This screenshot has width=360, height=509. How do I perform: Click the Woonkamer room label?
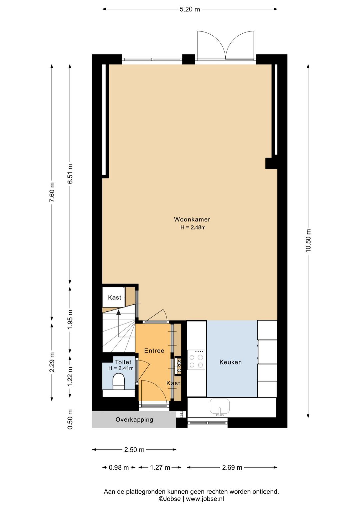[x=192, y=219]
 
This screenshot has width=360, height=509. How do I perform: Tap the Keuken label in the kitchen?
[x=230, y=362]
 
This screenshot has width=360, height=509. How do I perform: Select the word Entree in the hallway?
[x=154, y=351]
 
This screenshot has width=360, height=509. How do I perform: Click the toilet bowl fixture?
[x=119, y=381]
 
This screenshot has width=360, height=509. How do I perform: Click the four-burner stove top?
[x=196, y=360]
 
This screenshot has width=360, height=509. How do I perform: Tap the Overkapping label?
[x=134, y=420]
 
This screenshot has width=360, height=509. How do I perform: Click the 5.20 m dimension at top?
[x=190, y=9]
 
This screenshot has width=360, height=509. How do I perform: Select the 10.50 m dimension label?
[x=308, y=240]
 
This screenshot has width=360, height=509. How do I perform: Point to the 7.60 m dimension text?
[x=52, y=192]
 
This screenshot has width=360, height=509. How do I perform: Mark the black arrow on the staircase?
[x=118, y=313]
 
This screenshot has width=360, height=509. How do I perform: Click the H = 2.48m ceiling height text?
[x=193, y=227]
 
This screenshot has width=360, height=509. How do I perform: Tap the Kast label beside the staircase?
[x=114, y=298]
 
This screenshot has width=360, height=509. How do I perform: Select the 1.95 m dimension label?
[x=70, y=319]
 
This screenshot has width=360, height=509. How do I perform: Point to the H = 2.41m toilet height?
[x=121, y=368]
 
